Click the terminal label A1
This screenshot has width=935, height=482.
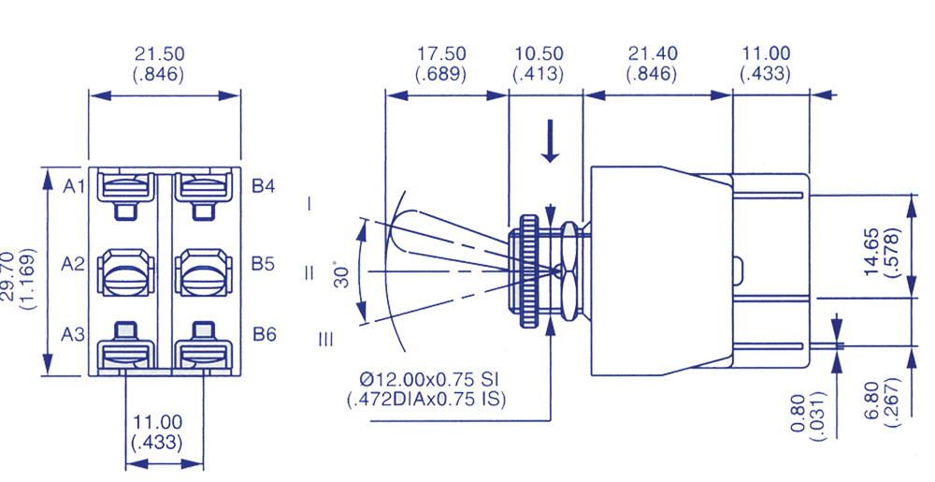[x=74, y=186]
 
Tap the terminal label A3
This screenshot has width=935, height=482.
[x=74, y=334]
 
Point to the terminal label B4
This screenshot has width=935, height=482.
[x=264, y=186]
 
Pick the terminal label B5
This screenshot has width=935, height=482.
[x=264, y=265]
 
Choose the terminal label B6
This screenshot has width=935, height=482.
[x=264, y=334]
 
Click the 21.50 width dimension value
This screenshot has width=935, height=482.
[x=164, y=55]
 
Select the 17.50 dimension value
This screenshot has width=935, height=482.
[x=441, y=55]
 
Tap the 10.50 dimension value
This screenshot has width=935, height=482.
[x=539, y=55]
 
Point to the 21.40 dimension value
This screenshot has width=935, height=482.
[x=653, y=55]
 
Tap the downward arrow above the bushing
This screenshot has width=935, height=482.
[x=551, y=145]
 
